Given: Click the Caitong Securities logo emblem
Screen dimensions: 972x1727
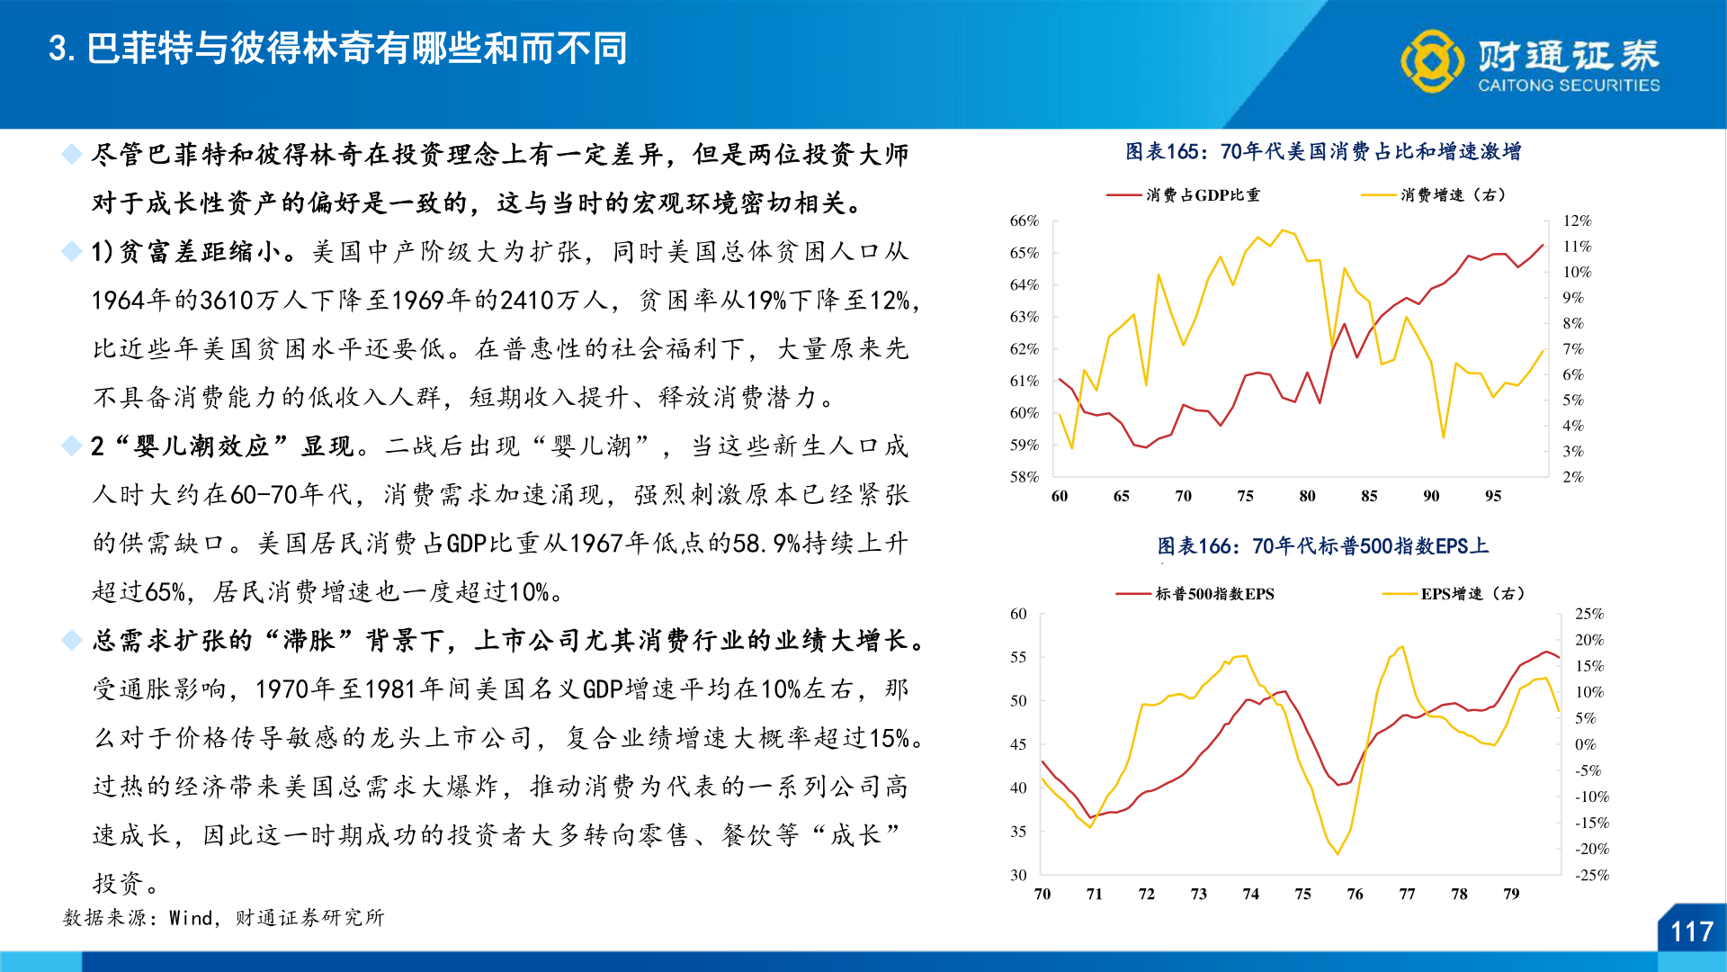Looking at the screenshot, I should click(x=1431, y=61).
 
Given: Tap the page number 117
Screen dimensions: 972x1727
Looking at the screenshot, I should click(x=1692, y=931).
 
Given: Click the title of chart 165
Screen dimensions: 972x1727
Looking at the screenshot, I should click(x=1323, y=151).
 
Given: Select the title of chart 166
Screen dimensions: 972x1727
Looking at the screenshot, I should click(x=1323, y=546).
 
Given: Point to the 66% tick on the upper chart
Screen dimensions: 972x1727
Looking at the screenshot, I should click(x=1024, y=220).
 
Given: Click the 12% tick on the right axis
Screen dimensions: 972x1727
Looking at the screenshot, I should click(x=1577, y=220).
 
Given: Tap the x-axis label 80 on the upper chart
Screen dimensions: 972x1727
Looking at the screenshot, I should click(x=1307, y=496).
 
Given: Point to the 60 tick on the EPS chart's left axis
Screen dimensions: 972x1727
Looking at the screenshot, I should click(x=1018, y=614).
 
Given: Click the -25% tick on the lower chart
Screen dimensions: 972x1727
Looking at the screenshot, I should click(x=1591, y=875).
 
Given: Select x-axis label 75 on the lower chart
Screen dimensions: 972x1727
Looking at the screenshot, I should click(x=1302, y=894).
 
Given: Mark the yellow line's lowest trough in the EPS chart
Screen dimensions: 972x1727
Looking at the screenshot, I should click(x=1338, y=853).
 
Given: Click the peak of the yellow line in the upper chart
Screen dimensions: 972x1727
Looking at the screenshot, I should click(x=1284, y=230).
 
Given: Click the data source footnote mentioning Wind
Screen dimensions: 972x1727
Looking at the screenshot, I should click(x=224, y=918).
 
